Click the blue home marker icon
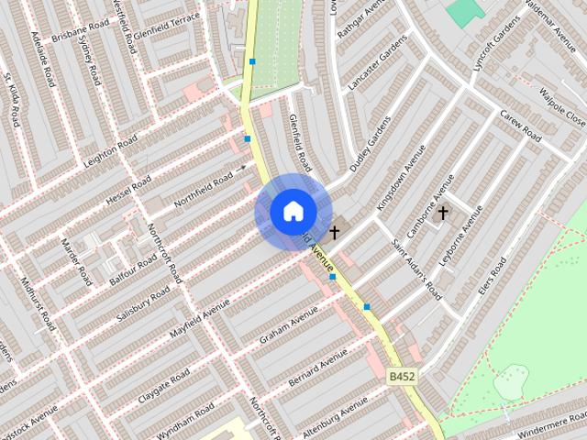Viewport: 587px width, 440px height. tap(293, 212)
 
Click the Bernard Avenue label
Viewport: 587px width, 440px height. tap(318, 367)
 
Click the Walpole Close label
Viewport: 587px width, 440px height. tap(561, 106)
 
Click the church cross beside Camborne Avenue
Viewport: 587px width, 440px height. tap(442, 214)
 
